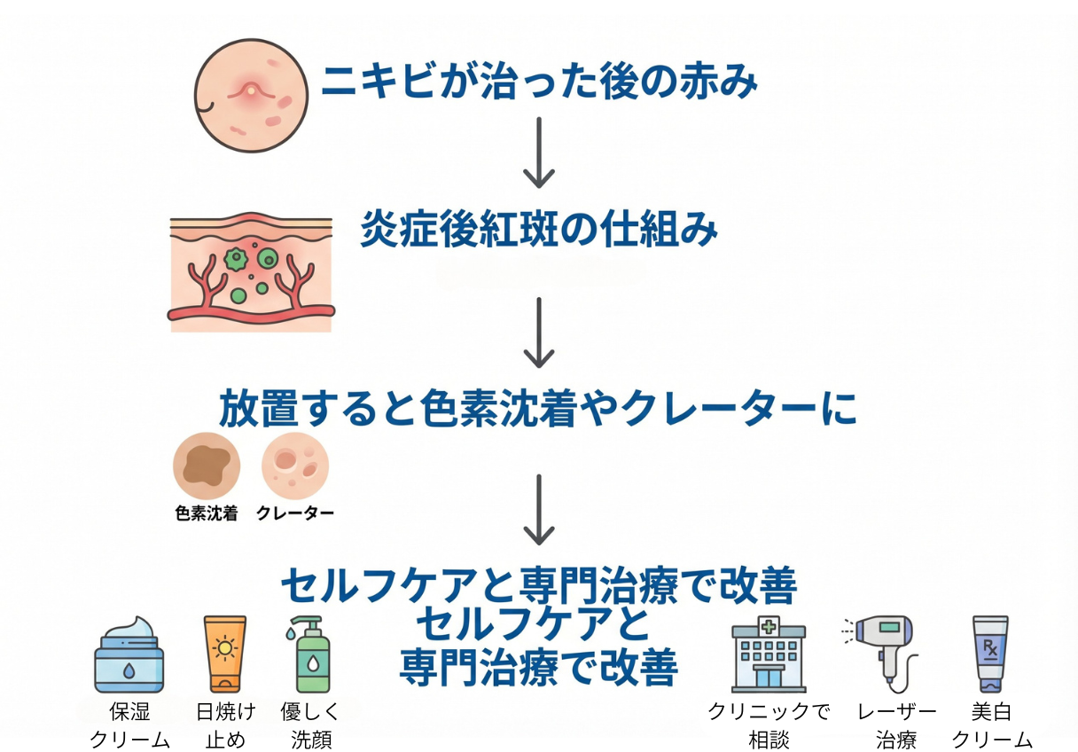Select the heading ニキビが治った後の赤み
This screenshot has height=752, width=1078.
pos(539,82)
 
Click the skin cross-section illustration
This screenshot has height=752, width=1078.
pos(251,271)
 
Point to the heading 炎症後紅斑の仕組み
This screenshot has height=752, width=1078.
pos(538,231)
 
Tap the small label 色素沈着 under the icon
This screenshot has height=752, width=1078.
pos(207,513)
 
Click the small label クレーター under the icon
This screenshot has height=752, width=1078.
pos(295,513)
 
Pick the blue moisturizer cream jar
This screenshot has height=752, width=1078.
pos(129,656)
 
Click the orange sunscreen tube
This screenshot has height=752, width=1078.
pos(224,654)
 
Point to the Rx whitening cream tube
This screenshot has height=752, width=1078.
pos(990,654)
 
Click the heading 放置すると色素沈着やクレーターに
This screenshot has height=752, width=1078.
pos(538,409)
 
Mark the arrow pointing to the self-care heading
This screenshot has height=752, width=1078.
pos(538,510)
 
